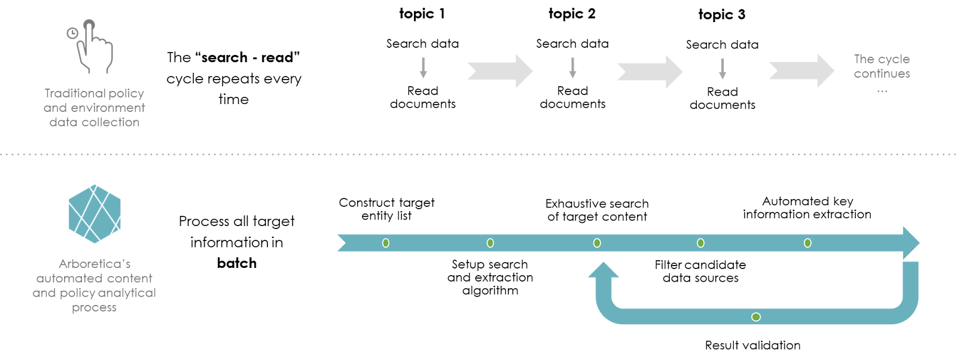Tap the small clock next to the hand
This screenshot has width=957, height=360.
click(x=72, y=33)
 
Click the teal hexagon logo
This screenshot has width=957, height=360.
click(x=95, y=214)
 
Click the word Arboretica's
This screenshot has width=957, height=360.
click(x=95, y=264)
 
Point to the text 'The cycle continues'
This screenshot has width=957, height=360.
click(x=882, y=66)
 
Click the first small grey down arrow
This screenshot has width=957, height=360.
click(x=423, y=68)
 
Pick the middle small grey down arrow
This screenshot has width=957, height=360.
click(x=572, y=68)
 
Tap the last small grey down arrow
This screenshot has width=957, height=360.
click(x=723, y=68)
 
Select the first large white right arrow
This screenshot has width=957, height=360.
click(x=500, y=71)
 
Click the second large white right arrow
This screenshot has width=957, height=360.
click(x=650, y=72)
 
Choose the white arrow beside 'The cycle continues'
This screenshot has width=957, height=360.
click(x=801, y=71)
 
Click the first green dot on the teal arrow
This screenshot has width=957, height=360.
click(x=386, y=243)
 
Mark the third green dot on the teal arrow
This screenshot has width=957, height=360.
click(x=597, y=243)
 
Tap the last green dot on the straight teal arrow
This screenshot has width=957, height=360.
click(x=807, y=243)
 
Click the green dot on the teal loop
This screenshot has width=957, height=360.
click(x=756, y=317)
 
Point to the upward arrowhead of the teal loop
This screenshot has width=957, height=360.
click(x=604, y=271)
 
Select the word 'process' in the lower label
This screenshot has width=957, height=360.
click(x=95, y=307)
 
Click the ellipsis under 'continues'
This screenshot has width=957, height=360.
click(x=882, y=91)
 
